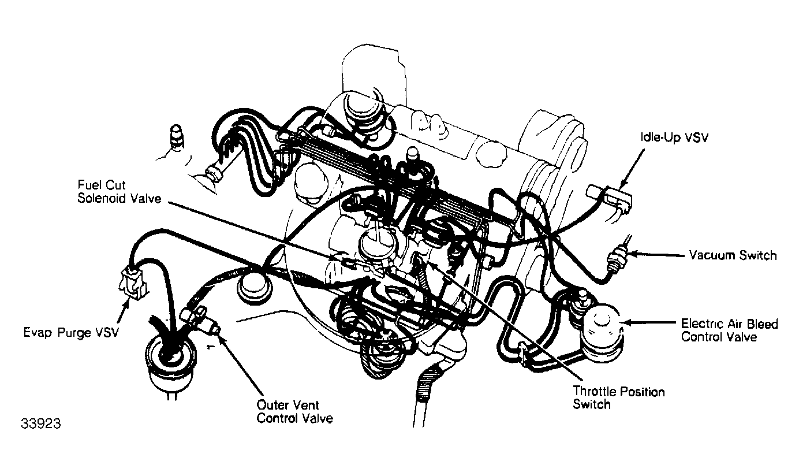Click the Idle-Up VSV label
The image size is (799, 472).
tap(674, 138)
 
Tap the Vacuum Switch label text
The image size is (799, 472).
tap(732, 255)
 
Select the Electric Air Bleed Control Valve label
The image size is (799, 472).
tap(730, 330)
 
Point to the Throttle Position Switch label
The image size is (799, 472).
tap(619, 397)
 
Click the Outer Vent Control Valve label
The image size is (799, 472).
tap(294, 412)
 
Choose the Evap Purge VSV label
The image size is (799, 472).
tap(71, 332)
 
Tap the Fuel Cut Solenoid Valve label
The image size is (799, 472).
tap(120, 192)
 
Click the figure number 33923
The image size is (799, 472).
tap(41, 424)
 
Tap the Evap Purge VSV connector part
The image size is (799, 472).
tap(132, 283)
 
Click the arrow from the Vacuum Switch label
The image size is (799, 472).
tap(656, 255)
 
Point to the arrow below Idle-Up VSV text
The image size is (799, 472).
tap(632, 169)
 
